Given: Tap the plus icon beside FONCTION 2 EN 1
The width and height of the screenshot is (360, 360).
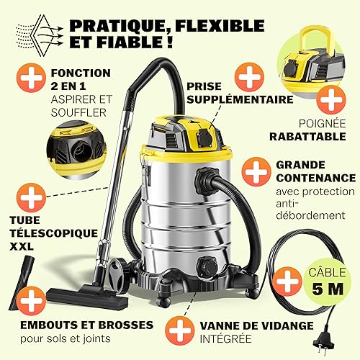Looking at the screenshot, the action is [x=31, y=78].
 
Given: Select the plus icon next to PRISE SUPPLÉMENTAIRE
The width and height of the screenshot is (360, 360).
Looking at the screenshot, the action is [x=249, y=77].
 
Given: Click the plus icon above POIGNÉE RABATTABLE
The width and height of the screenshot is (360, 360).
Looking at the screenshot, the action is [x=331, y=99].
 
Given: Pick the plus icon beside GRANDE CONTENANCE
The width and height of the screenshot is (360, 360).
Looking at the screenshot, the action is [x=256, y=171].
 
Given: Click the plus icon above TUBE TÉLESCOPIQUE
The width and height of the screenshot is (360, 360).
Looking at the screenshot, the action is [x=31, y=197].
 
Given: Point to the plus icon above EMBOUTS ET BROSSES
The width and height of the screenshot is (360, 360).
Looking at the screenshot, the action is [x=31, y=301].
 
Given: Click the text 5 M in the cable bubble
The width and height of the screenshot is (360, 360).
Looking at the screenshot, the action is [x=328, y=289].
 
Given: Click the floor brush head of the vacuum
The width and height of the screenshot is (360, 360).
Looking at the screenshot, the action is [x=87, y=298].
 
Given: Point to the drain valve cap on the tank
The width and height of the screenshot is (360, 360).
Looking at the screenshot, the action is [x=206, y=266].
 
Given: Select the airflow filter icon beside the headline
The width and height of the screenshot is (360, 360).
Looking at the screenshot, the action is [x=40, y=35].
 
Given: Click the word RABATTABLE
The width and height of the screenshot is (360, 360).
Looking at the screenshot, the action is [x=307, y=137].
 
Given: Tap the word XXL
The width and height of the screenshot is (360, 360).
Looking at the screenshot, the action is [x=22, y=246].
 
